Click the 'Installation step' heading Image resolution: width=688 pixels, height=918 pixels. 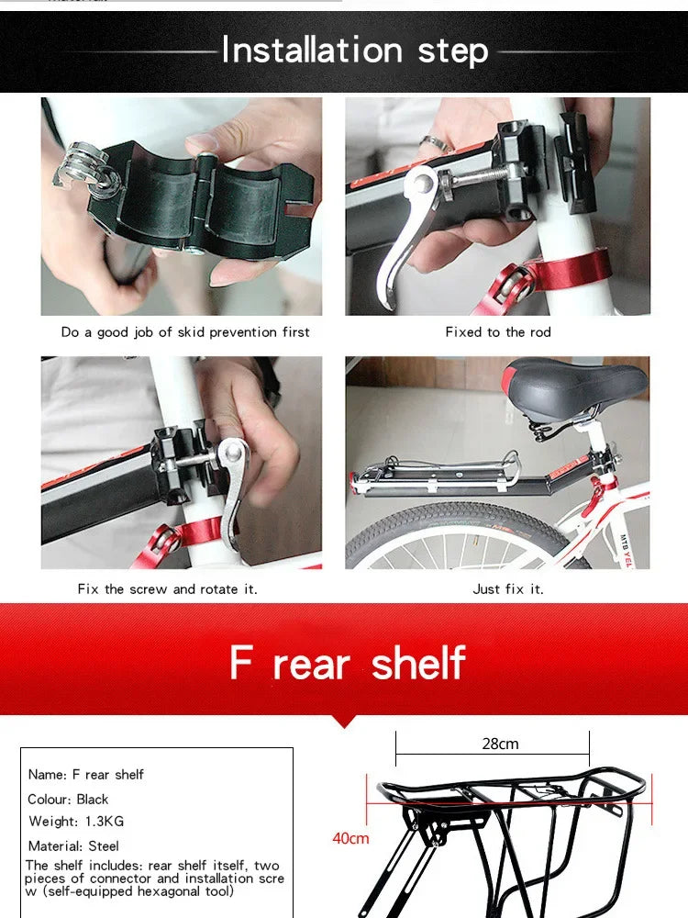tap(354, 50)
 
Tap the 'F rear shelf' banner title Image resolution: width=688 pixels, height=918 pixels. tap(348, 663)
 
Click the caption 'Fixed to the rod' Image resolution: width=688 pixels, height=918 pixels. tap(498, 332)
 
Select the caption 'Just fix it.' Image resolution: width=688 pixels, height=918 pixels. tap(508, 588)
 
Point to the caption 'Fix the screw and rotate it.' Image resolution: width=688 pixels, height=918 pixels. tap(167, 588)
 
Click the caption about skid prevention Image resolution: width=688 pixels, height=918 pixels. tap(185, 332)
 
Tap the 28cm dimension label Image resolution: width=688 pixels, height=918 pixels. tap(500, 744)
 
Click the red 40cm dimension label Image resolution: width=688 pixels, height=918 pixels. tap(350, 838)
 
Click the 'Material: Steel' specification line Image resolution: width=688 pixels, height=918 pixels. tap(73, 845)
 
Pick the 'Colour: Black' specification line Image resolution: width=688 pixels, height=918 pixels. tap(68, 799)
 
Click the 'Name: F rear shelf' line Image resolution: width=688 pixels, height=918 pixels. tap(86, 774)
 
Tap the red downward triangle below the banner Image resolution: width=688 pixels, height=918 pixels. tap(344, 720)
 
